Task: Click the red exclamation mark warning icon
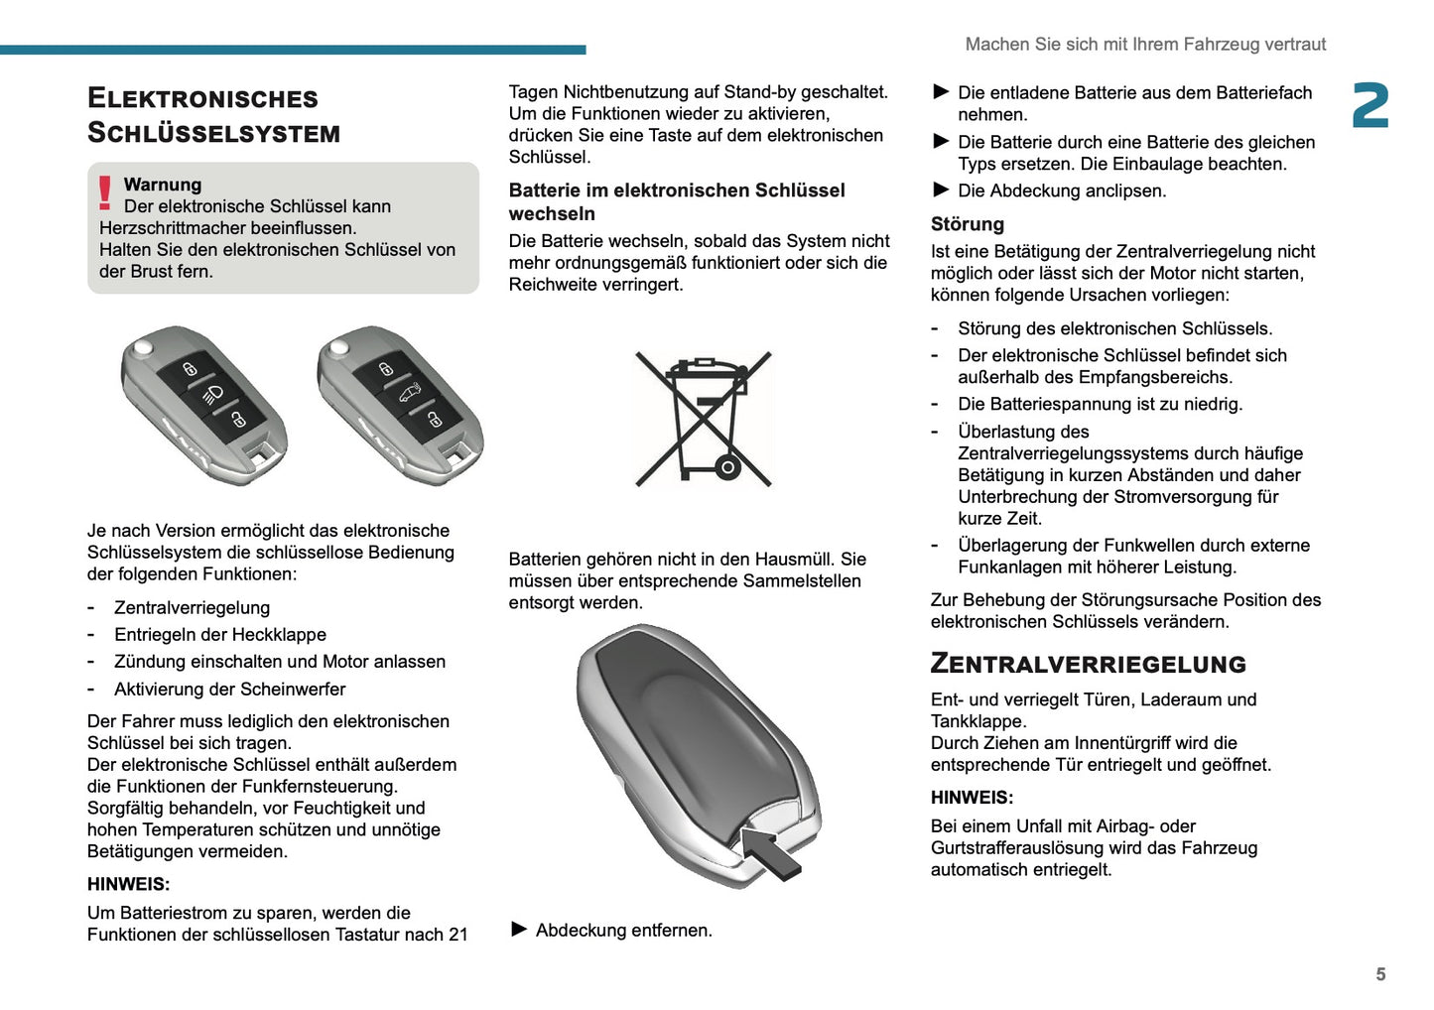point(104,192)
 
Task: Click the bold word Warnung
point(162,185)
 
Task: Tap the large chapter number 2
point(1369,106)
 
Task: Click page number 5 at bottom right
point(1379,974)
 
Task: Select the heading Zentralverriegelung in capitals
point(1088,664)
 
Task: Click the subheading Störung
point(967,224)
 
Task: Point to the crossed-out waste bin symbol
point(704,419)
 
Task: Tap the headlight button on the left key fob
point(214,395)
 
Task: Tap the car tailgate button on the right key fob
point(410,395)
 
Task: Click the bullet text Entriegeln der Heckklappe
point(219,635)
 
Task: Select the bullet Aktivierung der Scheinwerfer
point(229,690)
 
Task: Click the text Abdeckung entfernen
point(623,931)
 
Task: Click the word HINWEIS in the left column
point(128,884)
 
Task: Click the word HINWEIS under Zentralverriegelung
point(972,798)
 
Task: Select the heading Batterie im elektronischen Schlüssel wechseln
point(676,201)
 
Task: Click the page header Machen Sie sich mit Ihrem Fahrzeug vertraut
point(1145,45)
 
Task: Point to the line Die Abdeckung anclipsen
point(1061,190)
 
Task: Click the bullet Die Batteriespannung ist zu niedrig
point(1100,404)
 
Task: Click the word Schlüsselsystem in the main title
point(213,133)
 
